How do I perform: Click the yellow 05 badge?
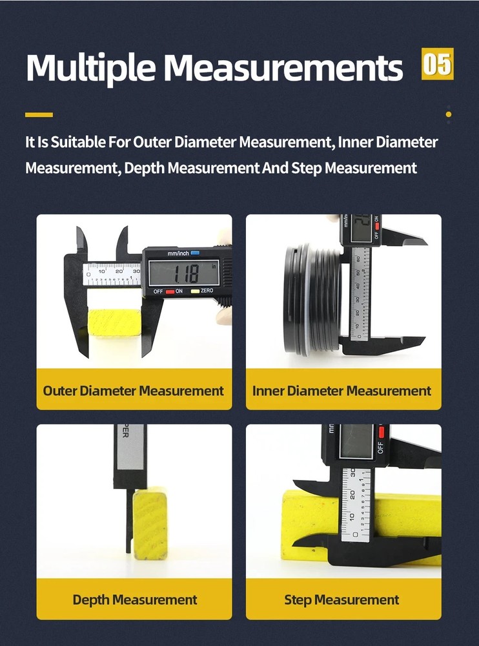[438, 64]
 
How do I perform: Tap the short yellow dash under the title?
[39, 115]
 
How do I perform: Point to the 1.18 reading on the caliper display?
[183, 272]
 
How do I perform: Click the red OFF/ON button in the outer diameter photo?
[170, 291]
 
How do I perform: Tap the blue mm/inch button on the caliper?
[194, 254]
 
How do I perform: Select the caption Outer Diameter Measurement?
[134, 391]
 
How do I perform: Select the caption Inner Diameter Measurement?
[341, 391]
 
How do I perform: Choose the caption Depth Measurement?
[134, 599]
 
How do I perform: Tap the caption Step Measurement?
[341, 599]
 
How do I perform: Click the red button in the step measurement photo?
[381, 432]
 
